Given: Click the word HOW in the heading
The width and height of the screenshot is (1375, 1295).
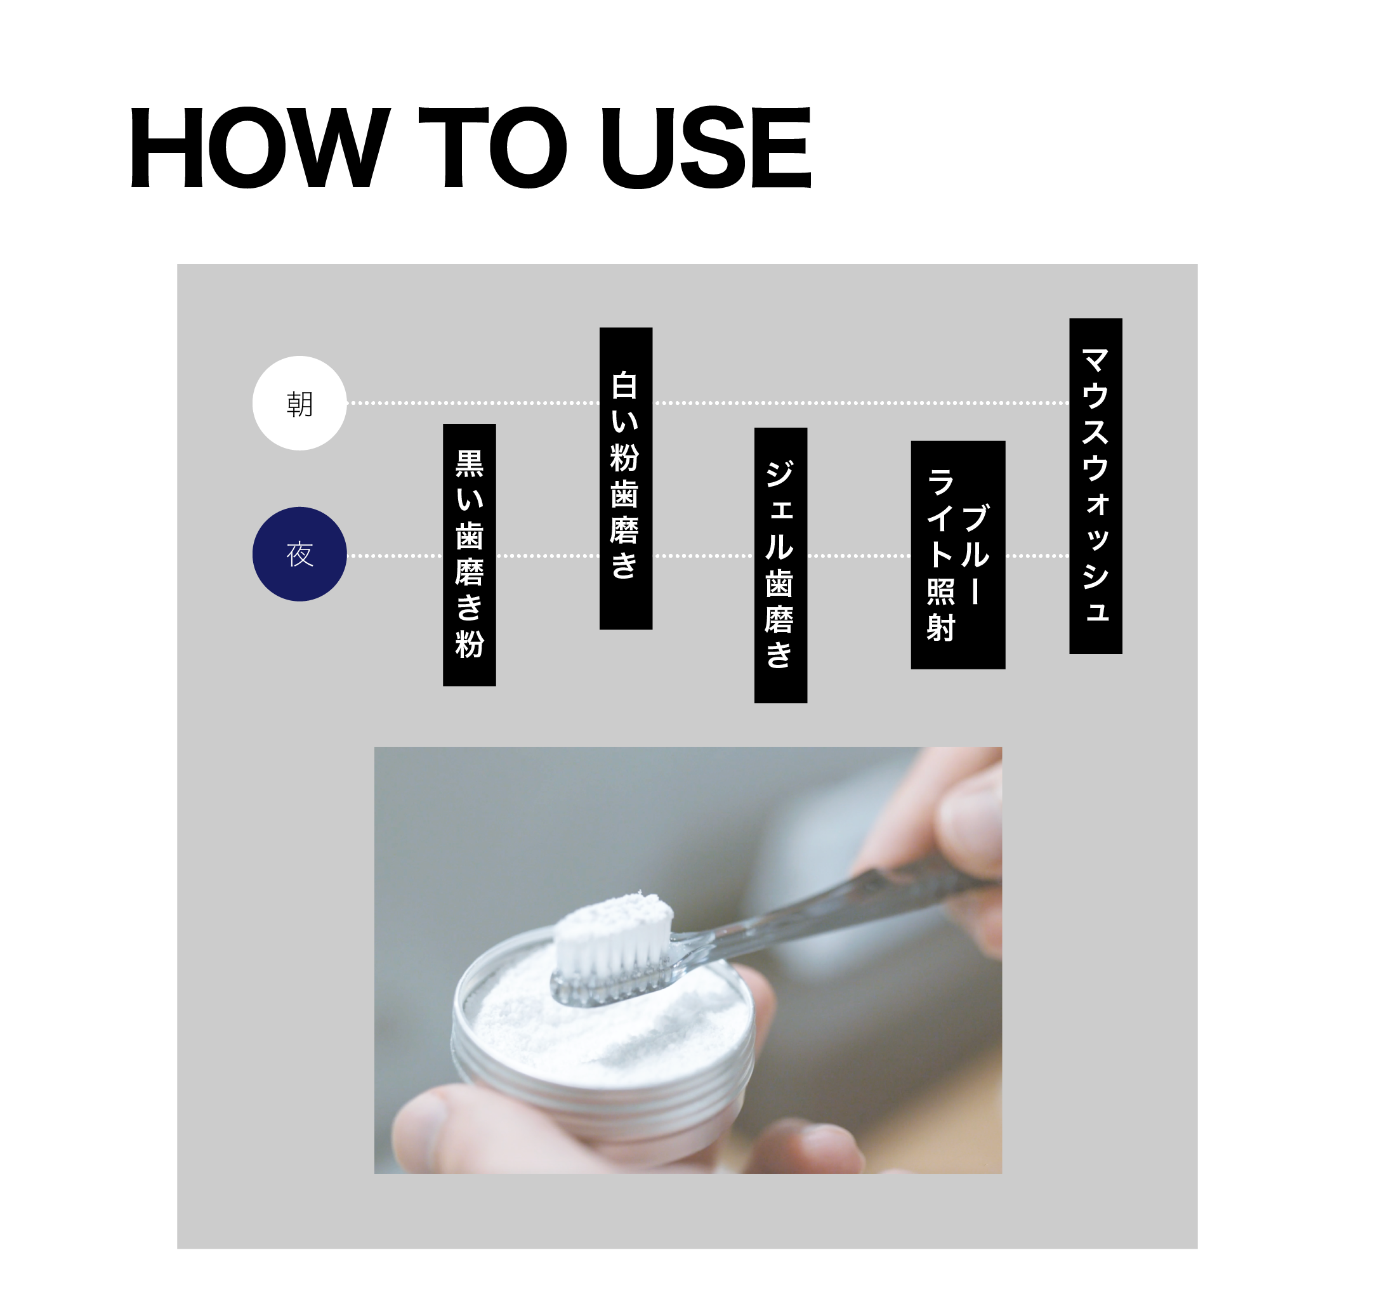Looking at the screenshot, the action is (x=261, y=147).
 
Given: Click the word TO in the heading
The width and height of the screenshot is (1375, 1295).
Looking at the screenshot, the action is (x=493, y=147).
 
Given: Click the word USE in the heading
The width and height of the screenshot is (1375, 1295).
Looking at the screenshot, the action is (x=706, y=147).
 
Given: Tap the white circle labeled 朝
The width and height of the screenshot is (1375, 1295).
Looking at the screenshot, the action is (x=299, y=404).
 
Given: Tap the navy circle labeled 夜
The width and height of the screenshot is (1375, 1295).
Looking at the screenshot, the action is (x=299, y=554).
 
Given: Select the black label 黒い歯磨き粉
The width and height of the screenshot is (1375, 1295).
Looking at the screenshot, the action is (x=470, y=555).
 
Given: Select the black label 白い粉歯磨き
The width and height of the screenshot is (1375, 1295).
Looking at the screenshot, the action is (x=626, y=478).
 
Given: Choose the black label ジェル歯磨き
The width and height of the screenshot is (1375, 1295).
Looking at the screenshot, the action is (x=781, y=565).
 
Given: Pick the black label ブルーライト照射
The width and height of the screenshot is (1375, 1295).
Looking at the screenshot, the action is (x=958, y=555).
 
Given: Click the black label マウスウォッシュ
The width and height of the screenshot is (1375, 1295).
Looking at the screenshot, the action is (x=1096, y=485).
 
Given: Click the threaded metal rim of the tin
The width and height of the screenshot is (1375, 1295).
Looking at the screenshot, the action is (x=602, y=1093).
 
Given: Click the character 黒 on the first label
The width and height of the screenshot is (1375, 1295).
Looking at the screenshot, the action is (x=470, y=463).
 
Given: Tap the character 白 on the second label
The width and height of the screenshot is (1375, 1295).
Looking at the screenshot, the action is (x=624, y=385).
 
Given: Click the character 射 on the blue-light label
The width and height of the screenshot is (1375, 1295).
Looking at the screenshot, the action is (x=940, y=628).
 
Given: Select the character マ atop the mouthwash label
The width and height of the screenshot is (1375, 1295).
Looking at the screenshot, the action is (x=1096, y=360).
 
